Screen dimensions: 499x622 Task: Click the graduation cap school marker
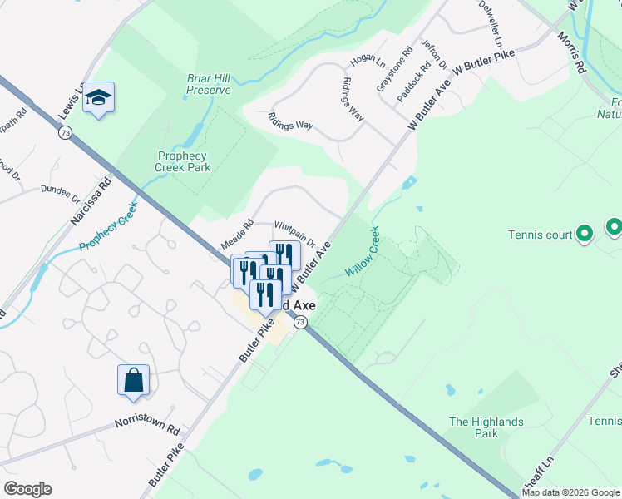pyautogui.click(x=98, y=99)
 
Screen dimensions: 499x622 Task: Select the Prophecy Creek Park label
pyautogui.click(x=183, y=161)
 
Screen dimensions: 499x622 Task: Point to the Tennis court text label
pyautogui.click(x=541, y=235)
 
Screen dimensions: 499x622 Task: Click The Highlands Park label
pyautogui.click(x=486, y=427)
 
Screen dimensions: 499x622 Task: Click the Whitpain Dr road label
pyautogui.click(x=295, y=234)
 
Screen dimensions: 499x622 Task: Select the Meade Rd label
pyautogui.click(x=236, y=235)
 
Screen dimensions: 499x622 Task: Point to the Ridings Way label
pyautogui.click(x=290, y=120)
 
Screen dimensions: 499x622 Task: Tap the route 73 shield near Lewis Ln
pyautogui.click(x=65, y=132)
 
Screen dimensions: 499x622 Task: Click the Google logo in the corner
pyautogui.click(x=27, y=489)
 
